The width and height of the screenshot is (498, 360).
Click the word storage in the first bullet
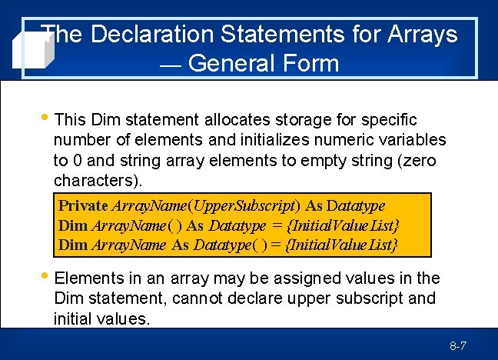[307, 120]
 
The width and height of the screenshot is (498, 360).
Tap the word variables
[408, 140]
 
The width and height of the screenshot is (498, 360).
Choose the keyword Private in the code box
[84, 206]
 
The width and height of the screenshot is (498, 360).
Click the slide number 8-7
[458, 347]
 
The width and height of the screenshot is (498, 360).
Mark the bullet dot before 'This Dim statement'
[46, 118]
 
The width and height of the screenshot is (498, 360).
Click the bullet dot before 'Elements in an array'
[46, 276]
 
